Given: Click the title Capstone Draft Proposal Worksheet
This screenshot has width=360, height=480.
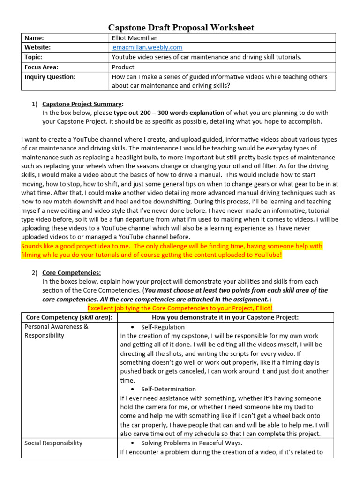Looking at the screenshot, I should (181, 28).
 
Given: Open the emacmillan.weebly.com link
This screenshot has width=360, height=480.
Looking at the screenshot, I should (147, 47).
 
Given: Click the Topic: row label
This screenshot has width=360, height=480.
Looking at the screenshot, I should (34, 57).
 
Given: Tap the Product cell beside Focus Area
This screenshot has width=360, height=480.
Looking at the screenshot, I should (123, 67).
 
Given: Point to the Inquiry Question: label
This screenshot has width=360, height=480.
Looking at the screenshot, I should (50, 77).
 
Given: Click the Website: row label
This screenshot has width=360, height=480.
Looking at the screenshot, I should (37, 47).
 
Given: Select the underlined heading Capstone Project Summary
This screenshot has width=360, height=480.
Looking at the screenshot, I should (83, 104).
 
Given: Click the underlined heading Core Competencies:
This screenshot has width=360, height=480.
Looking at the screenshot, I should (71, 272).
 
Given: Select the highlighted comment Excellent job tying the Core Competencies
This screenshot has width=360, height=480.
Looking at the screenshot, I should (180, 308).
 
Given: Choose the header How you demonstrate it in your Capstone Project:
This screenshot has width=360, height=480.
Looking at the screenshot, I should (222, 317).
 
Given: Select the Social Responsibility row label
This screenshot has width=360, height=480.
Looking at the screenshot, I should (53, 443).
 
